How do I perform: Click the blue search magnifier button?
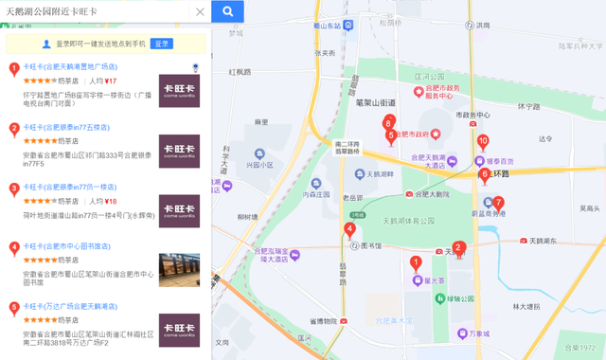tap(227, 11)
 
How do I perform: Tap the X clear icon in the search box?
tap(200, 11)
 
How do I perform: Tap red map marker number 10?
tap(483, 143)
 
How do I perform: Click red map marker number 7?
tap(499, 204)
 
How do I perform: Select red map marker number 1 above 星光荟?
tap(415, 262)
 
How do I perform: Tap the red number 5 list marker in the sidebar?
tap(13, 307)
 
